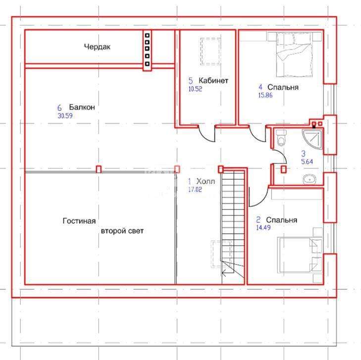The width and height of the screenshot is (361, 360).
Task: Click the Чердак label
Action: tap(97, 47)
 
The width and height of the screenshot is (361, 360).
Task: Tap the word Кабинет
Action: tap(213, 81)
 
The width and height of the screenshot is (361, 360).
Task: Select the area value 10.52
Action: tap(195, 89)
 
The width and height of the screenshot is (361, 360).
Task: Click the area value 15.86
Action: tap(265, 95)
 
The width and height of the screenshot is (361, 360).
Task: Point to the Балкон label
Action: tap(82, 107)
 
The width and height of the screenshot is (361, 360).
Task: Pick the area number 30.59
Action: tap(65, 115)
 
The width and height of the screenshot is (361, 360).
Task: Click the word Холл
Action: tap(206, 181)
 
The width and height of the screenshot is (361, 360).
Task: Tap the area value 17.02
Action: tap(195, 190)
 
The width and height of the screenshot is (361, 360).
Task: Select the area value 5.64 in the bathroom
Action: tap(307, 161)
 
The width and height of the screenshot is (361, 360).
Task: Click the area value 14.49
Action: tap(263, 228)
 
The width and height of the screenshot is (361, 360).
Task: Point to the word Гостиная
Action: tap(79, 221)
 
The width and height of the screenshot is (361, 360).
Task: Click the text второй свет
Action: tap(122, 231)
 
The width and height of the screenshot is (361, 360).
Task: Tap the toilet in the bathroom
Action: tap(281, 138)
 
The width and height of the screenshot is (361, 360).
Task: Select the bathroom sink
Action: tap(309, 180)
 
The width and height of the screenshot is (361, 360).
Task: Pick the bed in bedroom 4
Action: tap(295, 54)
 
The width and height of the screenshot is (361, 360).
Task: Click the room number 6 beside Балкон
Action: tap(59, 107)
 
